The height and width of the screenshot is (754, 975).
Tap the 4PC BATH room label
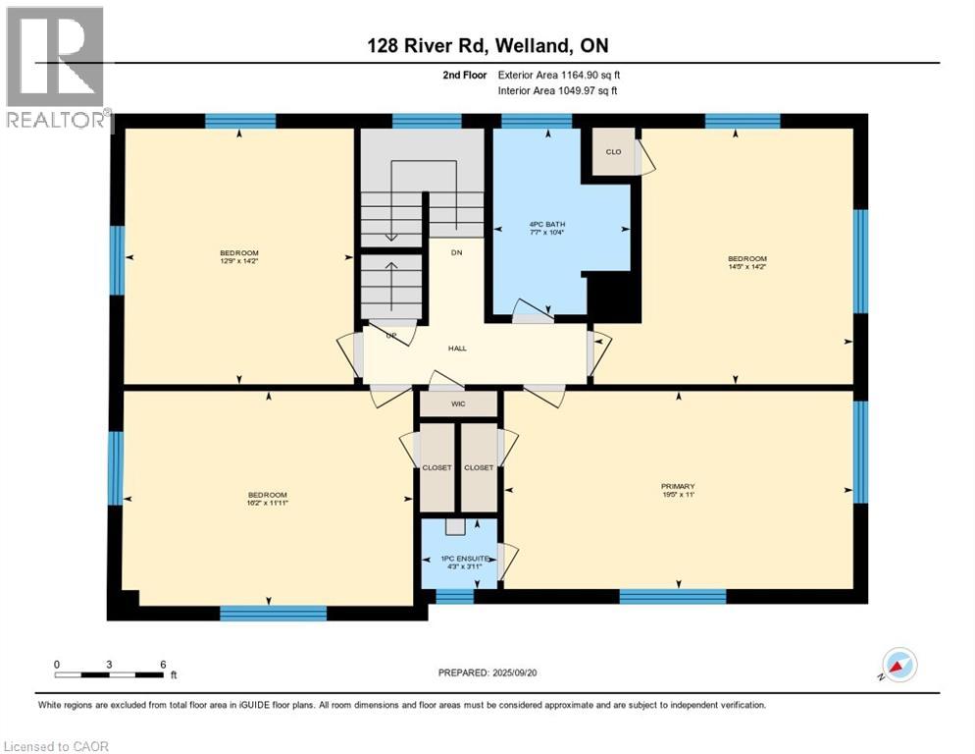pos(546,224)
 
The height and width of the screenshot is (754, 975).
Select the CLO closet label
pos(613,152)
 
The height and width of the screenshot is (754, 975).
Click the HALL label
pos(457,348)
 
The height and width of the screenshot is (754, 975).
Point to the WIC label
pos(458,404)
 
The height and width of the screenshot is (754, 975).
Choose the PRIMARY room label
pos(678,486)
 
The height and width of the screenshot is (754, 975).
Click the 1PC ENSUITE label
pos(455,558)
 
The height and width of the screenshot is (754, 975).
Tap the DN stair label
pos(456,252)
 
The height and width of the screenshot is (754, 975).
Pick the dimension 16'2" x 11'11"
pos(267,502)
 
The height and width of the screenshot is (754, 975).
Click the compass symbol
pos(898,665)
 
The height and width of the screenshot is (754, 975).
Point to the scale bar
pos(110,674)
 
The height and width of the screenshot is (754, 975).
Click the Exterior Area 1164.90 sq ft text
pos(559,75)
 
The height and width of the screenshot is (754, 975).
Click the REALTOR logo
pos(56,69)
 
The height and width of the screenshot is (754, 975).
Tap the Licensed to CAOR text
pos(56,746)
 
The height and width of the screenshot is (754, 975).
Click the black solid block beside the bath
pos(613,296)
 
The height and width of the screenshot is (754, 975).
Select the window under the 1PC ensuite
pos(454,596)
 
